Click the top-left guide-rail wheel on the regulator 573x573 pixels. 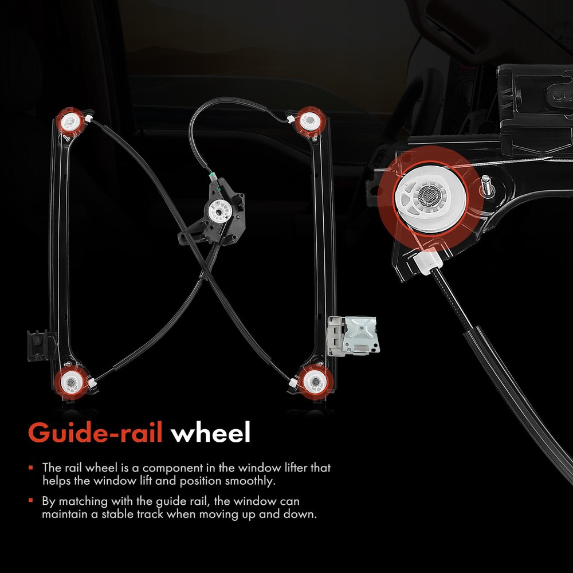click(69, 122)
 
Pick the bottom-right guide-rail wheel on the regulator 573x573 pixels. click(315, 382)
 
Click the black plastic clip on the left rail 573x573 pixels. click(38, 345)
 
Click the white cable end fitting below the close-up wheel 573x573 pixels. click(429, 260)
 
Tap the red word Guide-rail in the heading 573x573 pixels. click(95, 433)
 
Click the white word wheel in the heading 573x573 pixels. click(210, 432)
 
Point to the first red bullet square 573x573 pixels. click(31, 467)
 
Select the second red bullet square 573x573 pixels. click(31, 500)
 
